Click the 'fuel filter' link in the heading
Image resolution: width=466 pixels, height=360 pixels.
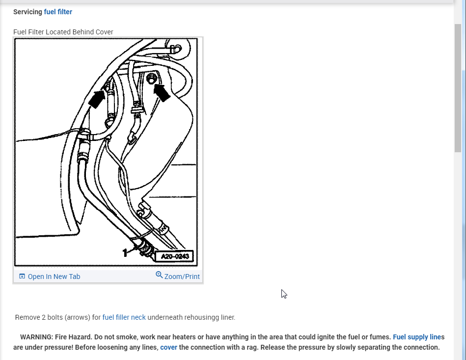coord(58,12)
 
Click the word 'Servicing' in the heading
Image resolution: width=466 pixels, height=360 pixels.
coord(27,12)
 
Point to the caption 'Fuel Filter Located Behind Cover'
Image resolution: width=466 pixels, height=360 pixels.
coord(63,32)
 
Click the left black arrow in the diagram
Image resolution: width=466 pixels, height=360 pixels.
coord(97,99)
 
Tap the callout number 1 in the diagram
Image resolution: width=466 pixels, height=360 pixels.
coord(125,252)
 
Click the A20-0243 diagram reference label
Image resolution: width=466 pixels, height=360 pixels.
coord(174,256)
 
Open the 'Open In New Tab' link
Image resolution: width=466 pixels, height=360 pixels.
coord(54,277)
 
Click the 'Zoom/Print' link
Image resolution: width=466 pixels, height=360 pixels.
coord(182,277)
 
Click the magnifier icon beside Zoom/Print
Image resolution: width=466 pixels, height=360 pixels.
coord(159,275)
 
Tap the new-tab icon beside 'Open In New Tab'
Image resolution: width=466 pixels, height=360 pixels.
coord(22,277)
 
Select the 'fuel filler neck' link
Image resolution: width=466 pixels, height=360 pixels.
coord(124,317)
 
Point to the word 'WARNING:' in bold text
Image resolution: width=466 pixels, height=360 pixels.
coord(36,337)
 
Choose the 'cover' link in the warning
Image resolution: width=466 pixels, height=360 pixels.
coord(168,347)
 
